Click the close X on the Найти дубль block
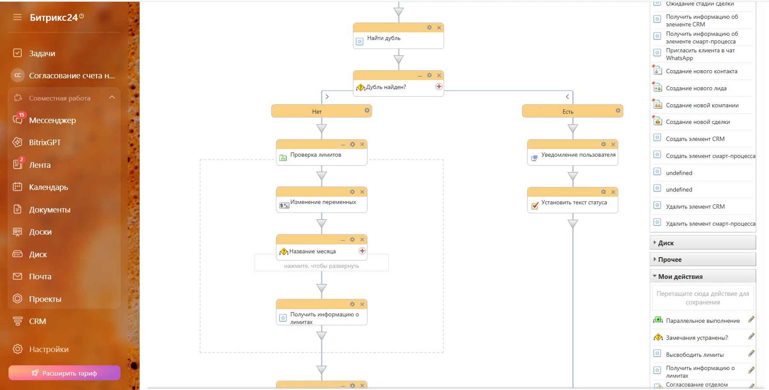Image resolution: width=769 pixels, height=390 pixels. point(439,28)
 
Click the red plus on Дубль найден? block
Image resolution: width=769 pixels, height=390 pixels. point(439,86)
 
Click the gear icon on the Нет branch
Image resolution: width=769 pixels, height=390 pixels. point(367,111)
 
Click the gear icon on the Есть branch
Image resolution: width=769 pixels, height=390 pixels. point(618,111)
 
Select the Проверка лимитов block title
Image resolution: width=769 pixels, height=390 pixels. point(316,155)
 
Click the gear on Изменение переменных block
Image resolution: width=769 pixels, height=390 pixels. point(352,192)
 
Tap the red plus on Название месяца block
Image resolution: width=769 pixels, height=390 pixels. point(362,251)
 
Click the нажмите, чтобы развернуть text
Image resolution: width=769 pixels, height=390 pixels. point(321,266)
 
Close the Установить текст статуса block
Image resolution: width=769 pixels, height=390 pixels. point(613,192)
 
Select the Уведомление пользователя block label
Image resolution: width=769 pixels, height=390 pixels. point(578,155)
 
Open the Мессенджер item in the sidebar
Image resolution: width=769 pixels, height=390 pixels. point(52,120)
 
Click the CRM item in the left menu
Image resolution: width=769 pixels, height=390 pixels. point(37,321)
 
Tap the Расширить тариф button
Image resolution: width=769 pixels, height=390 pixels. point(64,373)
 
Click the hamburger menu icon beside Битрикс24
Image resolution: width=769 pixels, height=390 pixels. point(17,17)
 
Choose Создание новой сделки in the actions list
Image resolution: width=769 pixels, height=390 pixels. point(698,122)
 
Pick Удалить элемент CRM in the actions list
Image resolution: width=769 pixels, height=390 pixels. point(695,207)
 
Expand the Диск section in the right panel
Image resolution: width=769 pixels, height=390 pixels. point(666,243)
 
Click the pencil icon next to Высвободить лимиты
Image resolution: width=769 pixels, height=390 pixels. point(751,353)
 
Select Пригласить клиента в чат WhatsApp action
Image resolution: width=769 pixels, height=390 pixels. point(700,54)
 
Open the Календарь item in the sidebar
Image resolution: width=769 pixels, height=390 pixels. point(49,187)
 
